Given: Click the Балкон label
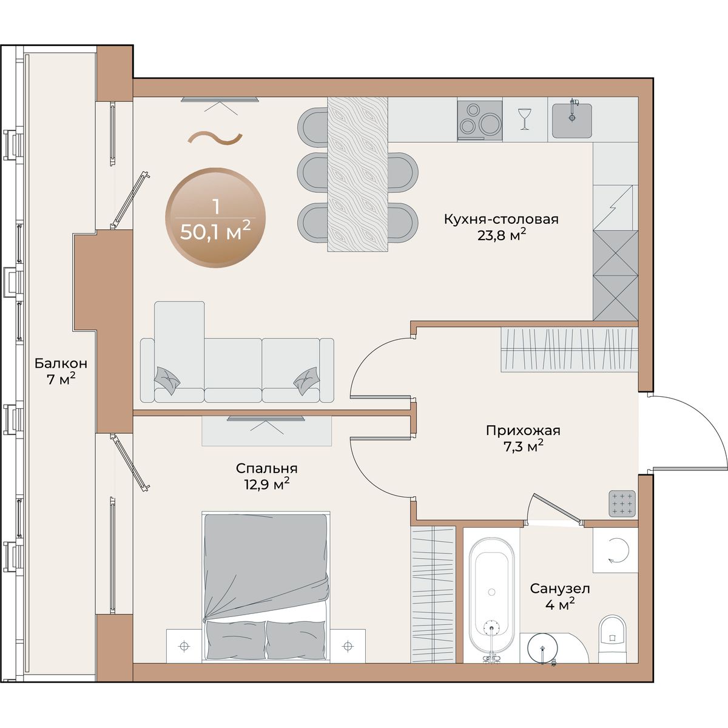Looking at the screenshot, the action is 61,363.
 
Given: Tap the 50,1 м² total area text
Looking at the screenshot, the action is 215,231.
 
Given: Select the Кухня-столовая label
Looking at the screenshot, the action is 501,220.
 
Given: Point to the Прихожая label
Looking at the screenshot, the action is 523,430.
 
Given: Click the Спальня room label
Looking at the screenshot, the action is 267,468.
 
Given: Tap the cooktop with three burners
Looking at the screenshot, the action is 480,120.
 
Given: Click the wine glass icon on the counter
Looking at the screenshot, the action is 524,119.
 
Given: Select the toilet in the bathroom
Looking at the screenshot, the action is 613,639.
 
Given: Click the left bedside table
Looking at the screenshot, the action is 184,646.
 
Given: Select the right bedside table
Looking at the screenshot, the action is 348,646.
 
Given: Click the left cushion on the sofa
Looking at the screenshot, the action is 167,380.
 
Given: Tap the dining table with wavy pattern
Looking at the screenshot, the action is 357,174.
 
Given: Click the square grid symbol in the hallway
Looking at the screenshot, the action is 622,504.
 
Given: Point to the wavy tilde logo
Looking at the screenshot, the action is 215,139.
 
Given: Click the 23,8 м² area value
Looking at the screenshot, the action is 502,236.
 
